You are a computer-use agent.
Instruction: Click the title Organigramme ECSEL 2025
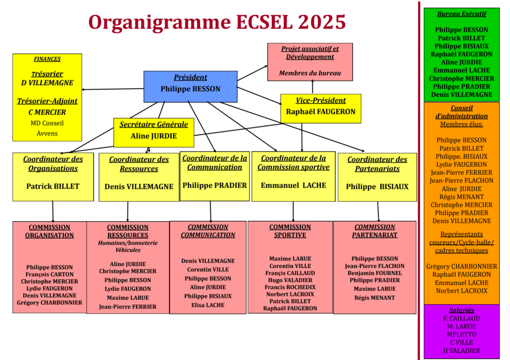click(217, 22)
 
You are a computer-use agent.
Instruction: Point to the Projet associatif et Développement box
click(310, 61)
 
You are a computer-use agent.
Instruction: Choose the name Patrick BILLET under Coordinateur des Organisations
click(53, 187)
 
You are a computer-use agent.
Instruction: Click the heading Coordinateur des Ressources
click(139, 164)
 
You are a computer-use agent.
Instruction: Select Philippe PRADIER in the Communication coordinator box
click(215, 185)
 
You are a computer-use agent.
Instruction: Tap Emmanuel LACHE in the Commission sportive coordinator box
click(293, 185)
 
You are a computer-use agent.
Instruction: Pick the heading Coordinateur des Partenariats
click(377, 164)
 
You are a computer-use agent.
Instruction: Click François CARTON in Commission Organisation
click(49, 274)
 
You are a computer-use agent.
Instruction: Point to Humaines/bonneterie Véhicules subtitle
click(128, 246)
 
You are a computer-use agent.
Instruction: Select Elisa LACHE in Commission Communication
click(208, 305)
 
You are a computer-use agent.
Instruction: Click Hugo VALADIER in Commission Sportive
click(290, 280)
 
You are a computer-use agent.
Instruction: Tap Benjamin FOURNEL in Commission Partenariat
click(375, 273)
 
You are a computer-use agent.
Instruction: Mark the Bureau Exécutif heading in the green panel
click(461, 14)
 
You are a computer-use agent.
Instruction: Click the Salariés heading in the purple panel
click(461, 310)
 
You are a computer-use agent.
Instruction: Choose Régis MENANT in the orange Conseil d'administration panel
click(461, 197)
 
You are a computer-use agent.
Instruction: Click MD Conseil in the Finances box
click(47, 123)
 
